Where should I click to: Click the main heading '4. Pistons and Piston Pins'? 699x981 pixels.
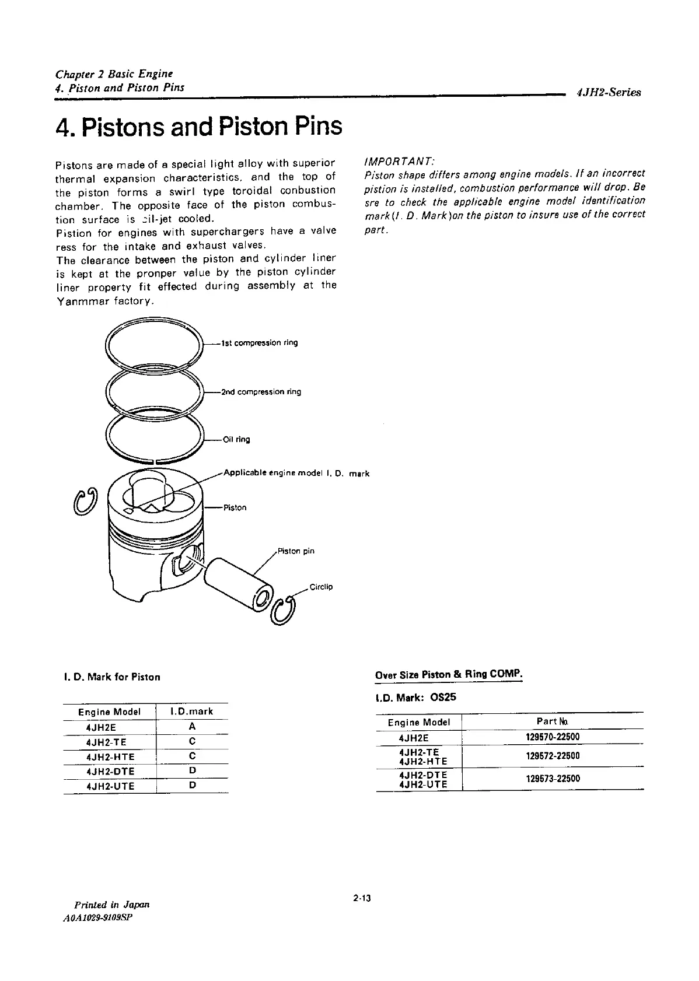click(198, 127)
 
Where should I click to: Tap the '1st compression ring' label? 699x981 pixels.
click(260, 343)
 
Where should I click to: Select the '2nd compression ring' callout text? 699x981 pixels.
click(261, 392)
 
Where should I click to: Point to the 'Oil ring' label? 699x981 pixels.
click(237, 440)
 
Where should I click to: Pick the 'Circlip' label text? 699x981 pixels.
click(321, 587)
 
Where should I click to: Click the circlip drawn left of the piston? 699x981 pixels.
click(86, 500)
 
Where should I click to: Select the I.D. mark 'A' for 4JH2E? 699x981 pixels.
click(192, 727)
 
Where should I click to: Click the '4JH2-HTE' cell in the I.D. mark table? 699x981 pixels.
click(110, 756)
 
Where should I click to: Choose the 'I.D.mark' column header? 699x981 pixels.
click(192, 712)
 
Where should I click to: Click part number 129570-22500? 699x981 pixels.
click(553, 737)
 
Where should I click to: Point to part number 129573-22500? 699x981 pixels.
click(553, 779)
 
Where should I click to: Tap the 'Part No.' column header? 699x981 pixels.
click(553, 721)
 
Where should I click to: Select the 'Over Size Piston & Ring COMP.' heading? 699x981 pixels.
click(449, 675)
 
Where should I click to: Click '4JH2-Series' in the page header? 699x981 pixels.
click(608, 92)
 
